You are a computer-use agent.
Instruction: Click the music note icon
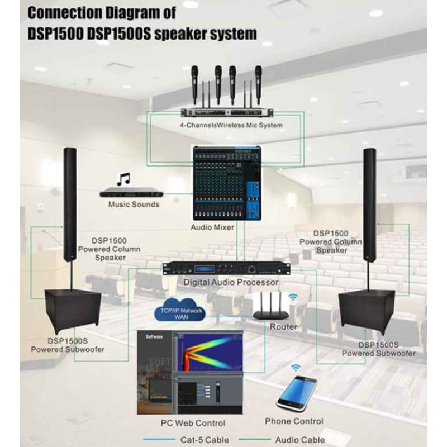[123, 179]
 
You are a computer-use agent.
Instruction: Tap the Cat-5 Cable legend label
[204, 440]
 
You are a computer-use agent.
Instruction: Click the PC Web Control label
[193, 423]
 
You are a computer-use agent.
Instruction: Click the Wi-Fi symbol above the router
[292, 297]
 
